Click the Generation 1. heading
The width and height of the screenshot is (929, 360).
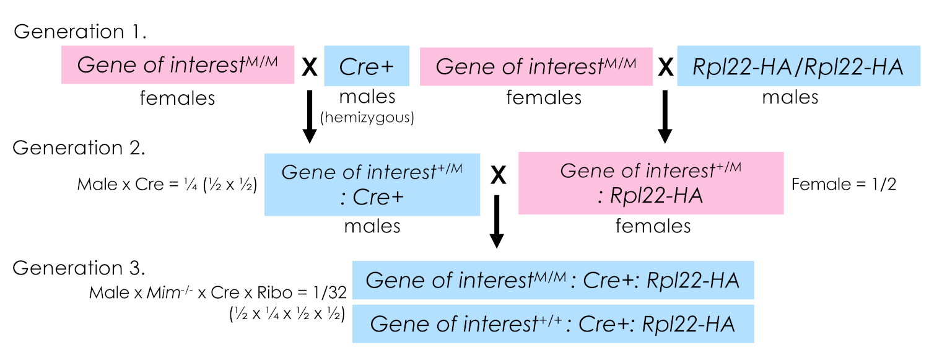(x=80, y=31)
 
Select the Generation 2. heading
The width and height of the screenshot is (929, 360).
(x=80, y=148)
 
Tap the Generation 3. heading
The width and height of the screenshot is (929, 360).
(x=80, y=268)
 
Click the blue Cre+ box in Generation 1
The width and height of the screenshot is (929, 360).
(x=367, y=65)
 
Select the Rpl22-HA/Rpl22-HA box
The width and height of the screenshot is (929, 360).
(x=790, y=65)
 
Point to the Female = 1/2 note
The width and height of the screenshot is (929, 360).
(x=844, y=184)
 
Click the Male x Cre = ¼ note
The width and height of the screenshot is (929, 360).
(x=167, y=185)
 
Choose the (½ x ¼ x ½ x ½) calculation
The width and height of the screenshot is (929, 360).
(x=286, y=314)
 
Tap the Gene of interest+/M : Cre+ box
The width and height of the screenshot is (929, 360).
(x=372, y=184)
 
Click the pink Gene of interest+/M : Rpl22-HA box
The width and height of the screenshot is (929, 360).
(x=651, y=183)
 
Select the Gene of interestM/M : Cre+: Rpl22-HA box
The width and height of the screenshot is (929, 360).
(x=553, y=281)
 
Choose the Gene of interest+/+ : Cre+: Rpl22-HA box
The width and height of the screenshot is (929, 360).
(x=553, y=323)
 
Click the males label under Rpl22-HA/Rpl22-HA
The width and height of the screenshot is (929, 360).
(x=790, y=97)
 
